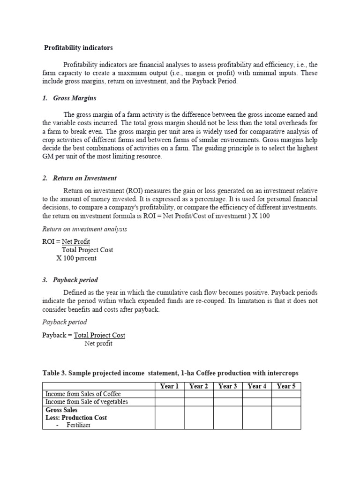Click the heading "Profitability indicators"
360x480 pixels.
point(78,48)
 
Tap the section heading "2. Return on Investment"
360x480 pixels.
point(79,178)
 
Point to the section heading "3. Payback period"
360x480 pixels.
point(70,280)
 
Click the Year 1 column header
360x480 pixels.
point(169,386)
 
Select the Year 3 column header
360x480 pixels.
point(228,386)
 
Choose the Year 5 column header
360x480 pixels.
point(286,386)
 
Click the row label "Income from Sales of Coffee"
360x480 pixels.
point(83,394)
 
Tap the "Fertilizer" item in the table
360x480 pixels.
point(79,425)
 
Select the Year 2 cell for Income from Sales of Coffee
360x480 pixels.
point(198,394)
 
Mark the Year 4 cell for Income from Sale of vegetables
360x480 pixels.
point(257,402)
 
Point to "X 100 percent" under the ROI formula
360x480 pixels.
point(76,258)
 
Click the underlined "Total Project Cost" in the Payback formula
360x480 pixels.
point(100,335)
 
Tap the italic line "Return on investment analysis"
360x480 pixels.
point(84,229)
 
